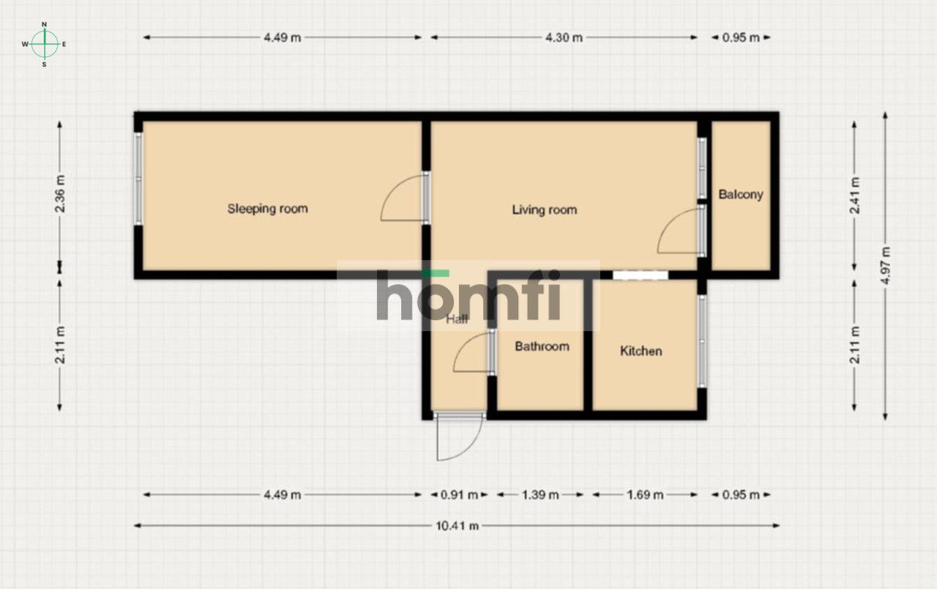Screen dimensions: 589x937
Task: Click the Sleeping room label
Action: tap(267, 209)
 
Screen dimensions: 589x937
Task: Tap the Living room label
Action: tap(544, 210)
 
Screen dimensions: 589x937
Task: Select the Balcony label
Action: tap(740, 195)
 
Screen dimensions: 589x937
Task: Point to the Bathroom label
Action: tap(542, 347)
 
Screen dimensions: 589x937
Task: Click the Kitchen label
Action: tap(641, 351)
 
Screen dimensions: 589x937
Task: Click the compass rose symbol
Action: tap(45, 44)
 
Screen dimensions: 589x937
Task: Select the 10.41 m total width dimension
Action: tap(458, 525)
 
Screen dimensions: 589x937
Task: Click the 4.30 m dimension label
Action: tap(564, 37)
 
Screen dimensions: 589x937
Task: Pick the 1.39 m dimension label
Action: tap(541, 494)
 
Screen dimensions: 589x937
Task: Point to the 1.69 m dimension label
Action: tap(645, 494)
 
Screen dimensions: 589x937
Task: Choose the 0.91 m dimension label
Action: tap(459, 494)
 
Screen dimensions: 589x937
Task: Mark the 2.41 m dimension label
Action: tap(854, 196)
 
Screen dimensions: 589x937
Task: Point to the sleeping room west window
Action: tap(138, 179)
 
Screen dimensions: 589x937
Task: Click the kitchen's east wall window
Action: tap(702, 341)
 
